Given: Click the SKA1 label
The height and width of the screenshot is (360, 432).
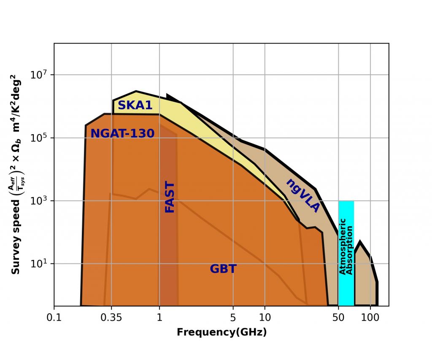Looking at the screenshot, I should click(135, 105).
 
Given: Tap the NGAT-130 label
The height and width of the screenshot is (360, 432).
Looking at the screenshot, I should click(122, 133).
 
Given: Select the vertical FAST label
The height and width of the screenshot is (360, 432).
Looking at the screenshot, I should click(169, 197).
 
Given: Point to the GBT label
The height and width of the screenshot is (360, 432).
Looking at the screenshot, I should click(223, 269).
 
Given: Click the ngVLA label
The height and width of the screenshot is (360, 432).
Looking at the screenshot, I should click(303, 195).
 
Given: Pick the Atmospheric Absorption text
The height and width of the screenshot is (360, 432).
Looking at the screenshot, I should click(346, 246).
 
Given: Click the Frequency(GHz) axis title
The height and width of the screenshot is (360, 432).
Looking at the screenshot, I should click(221, 332).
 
